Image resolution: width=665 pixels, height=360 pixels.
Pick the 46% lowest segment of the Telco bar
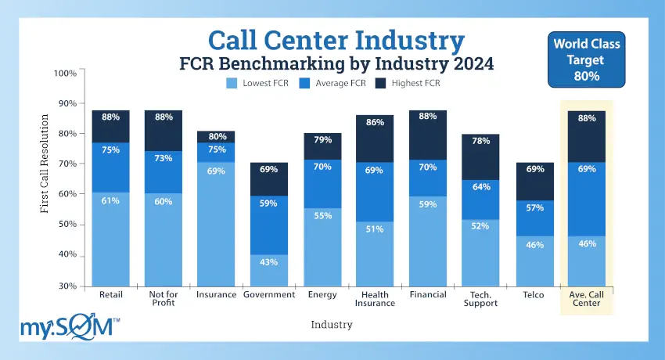coord(534,261)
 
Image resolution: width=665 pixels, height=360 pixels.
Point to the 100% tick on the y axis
coord(65,73)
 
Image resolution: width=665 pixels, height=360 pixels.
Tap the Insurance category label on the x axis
coord(216,295)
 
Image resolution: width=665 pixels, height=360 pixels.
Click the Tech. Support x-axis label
coord(481,299)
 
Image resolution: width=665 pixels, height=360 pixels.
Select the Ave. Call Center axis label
coord(587,299)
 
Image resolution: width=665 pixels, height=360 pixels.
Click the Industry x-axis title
coord(331,324)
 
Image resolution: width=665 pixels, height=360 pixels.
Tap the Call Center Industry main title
coord(335,41)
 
